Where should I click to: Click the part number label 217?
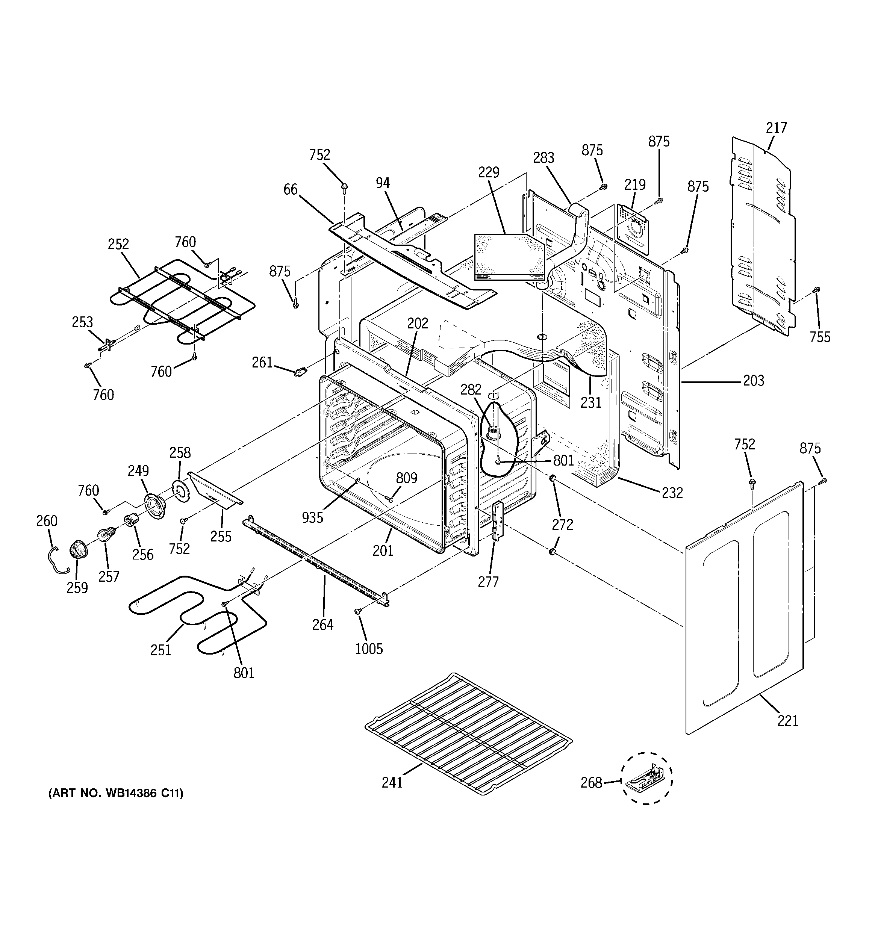(776, 128)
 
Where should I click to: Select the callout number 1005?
(368, 649)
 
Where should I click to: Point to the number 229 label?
(489, 172)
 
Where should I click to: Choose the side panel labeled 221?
(744, 608)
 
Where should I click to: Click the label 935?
(312, 517)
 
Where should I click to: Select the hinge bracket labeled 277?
(497, 519)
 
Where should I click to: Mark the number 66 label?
(290, 189)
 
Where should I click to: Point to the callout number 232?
(672, 493)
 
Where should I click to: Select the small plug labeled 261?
(300, 372)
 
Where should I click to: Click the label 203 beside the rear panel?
(753, 381)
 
